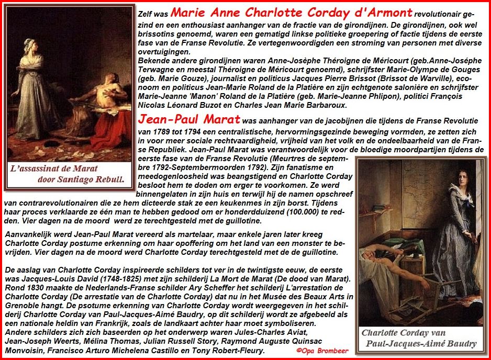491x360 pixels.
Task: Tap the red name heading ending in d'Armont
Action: click(x=292, y=13)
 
